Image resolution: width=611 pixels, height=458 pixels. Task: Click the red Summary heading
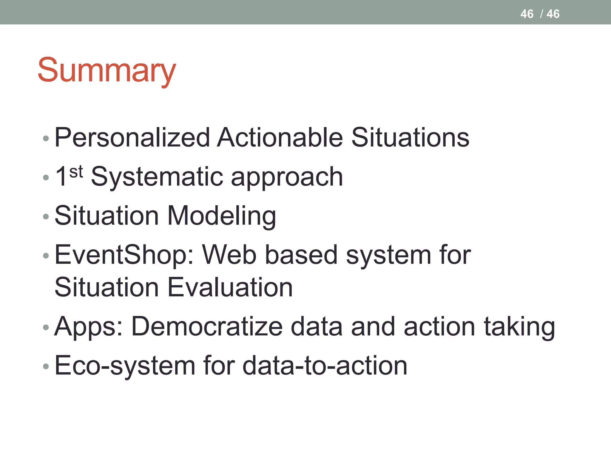107,70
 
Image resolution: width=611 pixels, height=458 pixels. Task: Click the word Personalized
132,137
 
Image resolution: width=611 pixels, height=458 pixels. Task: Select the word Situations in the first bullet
410,137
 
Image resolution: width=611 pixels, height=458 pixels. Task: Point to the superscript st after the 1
76,172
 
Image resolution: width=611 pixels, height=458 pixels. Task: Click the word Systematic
157,177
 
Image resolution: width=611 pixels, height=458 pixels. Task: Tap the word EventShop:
124,255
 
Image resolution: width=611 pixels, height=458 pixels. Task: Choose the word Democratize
207,327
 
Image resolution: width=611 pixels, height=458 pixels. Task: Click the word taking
519,327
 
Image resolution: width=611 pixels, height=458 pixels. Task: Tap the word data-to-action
325,366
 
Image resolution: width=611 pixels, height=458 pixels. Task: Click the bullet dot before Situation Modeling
46,216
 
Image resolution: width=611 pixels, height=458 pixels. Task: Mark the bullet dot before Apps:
46,327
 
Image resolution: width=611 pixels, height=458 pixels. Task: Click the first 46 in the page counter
527,14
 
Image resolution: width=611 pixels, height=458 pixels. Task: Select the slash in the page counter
541,14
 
